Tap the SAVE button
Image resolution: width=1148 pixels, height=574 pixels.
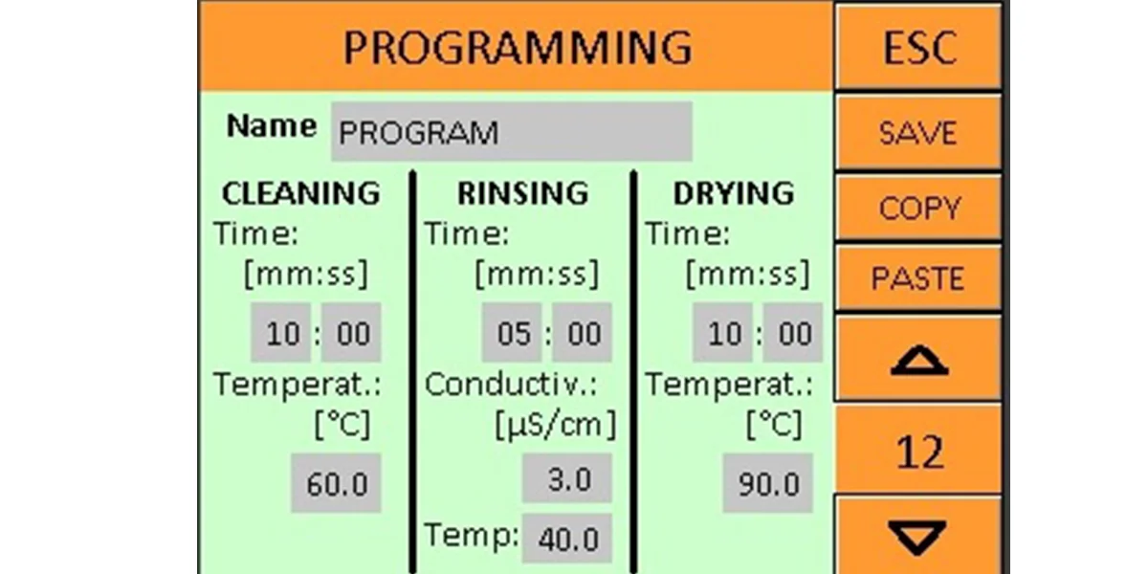pos(917,132)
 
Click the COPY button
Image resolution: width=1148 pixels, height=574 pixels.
pos(917,207)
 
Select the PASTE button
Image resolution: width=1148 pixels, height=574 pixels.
pos(917,277)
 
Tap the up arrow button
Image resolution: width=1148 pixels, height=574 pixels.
pos(917,358)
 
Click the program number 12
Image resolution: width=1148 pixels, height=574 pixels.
pos(919,452)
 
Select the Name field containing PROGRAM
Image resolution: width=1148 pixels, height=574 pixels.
pos(512,132)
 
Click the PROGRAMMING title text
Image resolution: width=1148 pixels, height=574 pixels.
pos(518,47)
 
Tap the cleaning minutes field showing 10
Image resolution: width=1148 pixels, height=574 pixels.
pos(280,333)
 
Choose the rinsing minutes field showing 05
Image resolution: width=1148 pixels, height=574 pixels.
pos(512,333)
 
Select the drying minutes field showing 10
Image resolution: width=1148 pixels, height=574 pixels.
pos(722,333)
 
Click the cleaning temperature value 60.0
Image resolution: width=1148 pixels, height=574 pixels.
pos(336,483)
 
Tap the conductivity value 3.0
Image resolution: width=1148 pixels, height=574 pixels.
pos(566,478)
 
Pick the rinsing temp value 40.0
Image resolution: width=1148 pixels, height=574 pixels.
pos(566,538)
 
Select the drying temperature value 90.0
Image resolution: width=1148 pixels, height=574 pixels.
pos(767,483)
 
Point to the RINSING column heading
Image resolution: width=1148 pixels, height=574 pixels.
pos(522,193)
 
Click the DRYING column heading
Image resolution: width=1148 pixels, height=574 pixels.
pos(734,193)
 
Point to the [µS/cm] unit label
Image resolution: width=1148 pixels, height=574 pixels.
pos(556,426)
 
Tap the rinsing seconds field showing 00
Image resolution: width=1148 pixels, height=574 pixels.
pos(583,333)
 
